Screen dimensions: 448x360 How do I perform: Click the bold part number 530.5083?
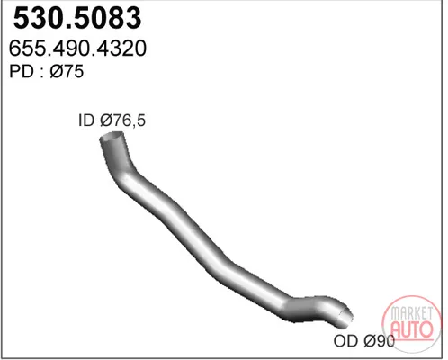pos(77,18)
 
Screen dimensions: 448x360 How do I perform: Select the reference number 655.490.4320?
pos(77,49)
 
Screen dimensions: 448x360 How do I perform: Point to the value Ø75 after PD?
pos(67,71)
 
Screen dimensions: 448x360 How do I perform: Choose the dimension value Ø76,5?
pos(122,121)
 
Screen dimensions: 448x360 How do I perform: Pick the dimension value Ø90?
pos(379,341)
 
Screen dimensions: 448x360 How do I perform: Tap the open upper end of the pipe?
pos(112,137)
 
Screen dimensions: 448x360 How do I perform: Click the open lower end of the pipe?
pos(345,317)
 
